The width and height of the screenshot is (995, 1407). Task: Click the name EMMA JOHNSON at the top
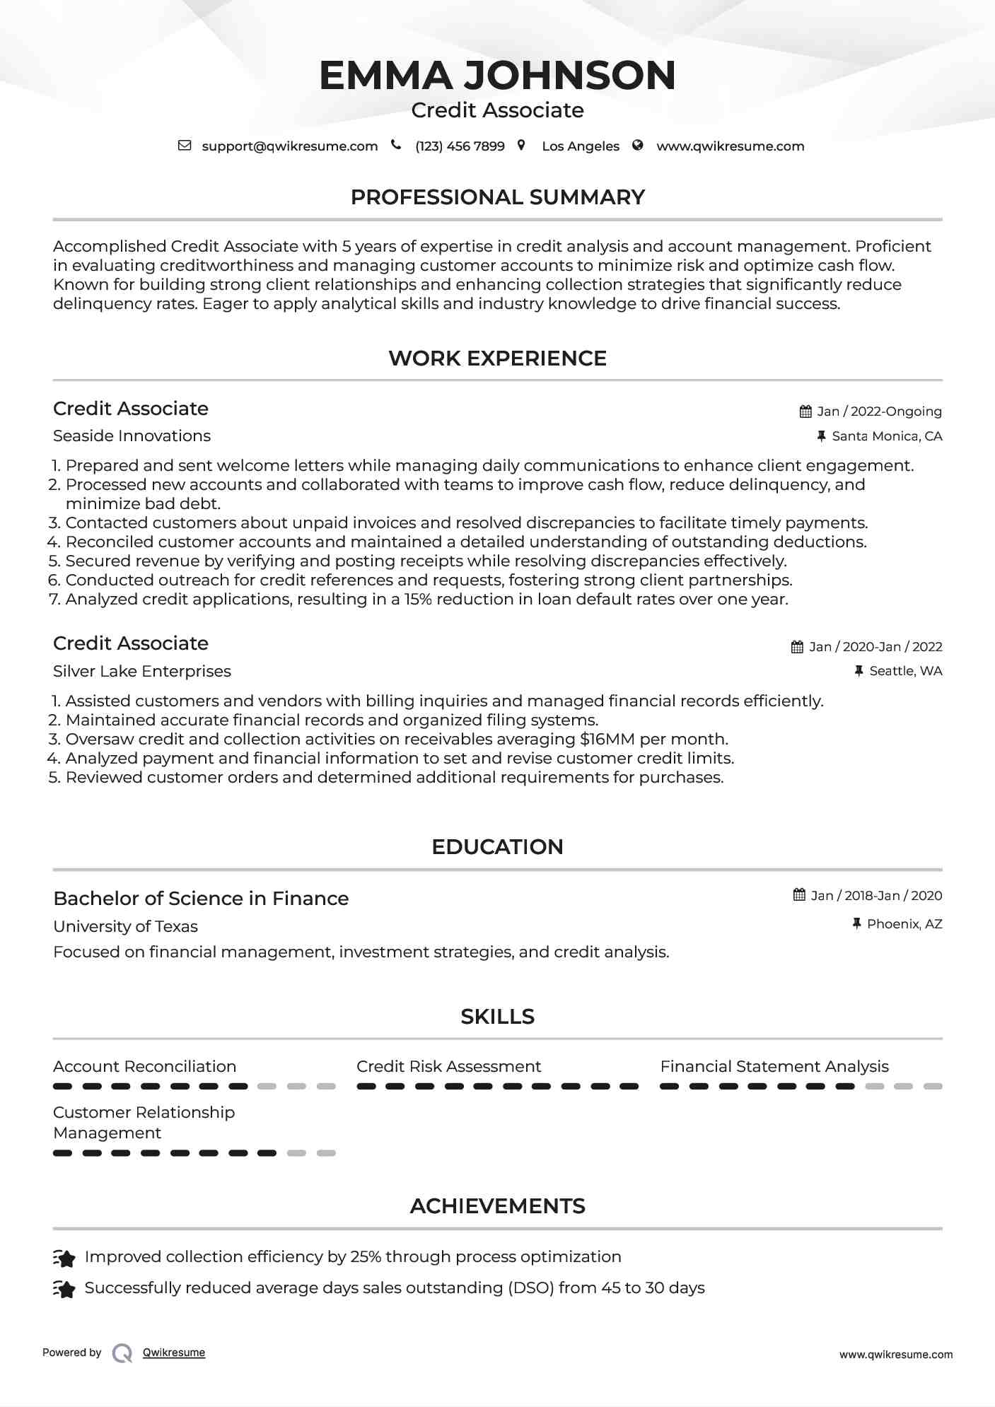(497, 75)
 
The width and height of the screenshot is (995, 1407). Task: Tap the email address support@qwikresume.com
(289, 146)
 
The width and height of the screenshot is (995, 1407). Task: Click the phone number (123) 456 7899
(460, 146)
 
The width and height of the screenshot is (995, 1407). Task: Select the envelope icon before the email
(185, 146)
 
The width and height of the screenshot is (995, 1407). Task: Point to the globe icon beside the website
(638, 146)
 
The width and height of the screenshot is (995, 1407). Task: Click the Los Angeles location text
(580, 146)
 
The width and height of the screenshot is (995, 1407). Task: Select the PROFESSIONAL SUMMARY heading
(497, 197)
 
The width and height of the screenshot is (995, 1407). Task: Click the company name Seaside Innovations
(132, 436)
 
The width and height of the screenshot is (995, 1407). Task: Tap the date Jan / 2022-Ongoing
(879, 411)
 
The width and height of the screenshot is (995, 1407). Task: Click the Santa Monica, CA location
(886, 436)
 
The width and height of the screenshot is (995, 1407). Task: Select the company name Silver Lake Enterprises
(141, 672)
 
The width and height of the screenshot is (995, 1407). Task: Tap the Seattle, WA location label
(905, 671)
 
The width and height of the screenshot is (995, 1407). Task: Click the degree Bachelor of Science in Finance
(201, 899)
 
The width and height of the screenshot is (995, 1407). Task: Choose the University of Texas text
(125, 927)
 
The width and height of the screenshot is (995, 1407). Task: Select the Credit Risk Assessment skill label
(448, 1067)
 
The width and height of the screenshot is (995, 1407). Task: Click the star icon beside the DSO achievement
(64, 1290)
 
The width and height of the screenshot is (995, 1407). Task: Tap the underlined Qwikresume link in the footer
(173, 1353)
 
